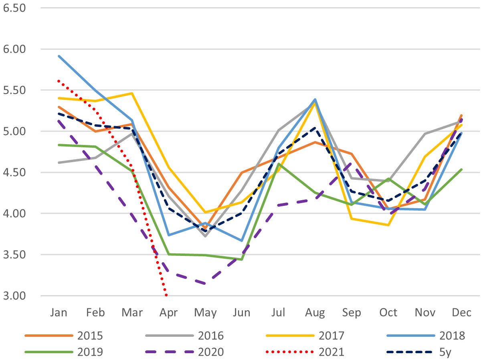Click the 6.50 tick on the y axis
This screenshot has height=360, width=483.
[x=14, y=8]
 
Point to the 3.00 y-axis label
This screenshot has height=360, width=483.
[x=14, y=296]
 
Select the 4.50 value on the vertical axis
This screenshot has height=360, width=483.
[x=14, y=172]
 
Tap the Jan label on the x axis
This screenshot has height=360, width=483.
[x=59, y=312]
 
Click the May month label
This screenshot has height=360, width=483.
[x=205, y=312]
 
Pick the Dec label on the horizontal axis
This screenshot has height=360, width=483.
[x=461, y=312]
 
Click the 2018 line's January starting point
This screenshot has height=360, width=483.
[x=59, y=56]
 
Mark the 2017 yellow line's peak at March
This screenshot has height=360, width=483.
[x=132, y=93]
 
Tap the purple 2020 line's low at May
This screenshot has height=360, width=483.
[x=205, y=284]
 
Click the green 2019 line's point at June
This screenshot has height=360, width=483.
[x=242, y=259]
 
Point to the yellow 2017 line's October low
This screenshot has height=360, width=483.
[x=388, y=225]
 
